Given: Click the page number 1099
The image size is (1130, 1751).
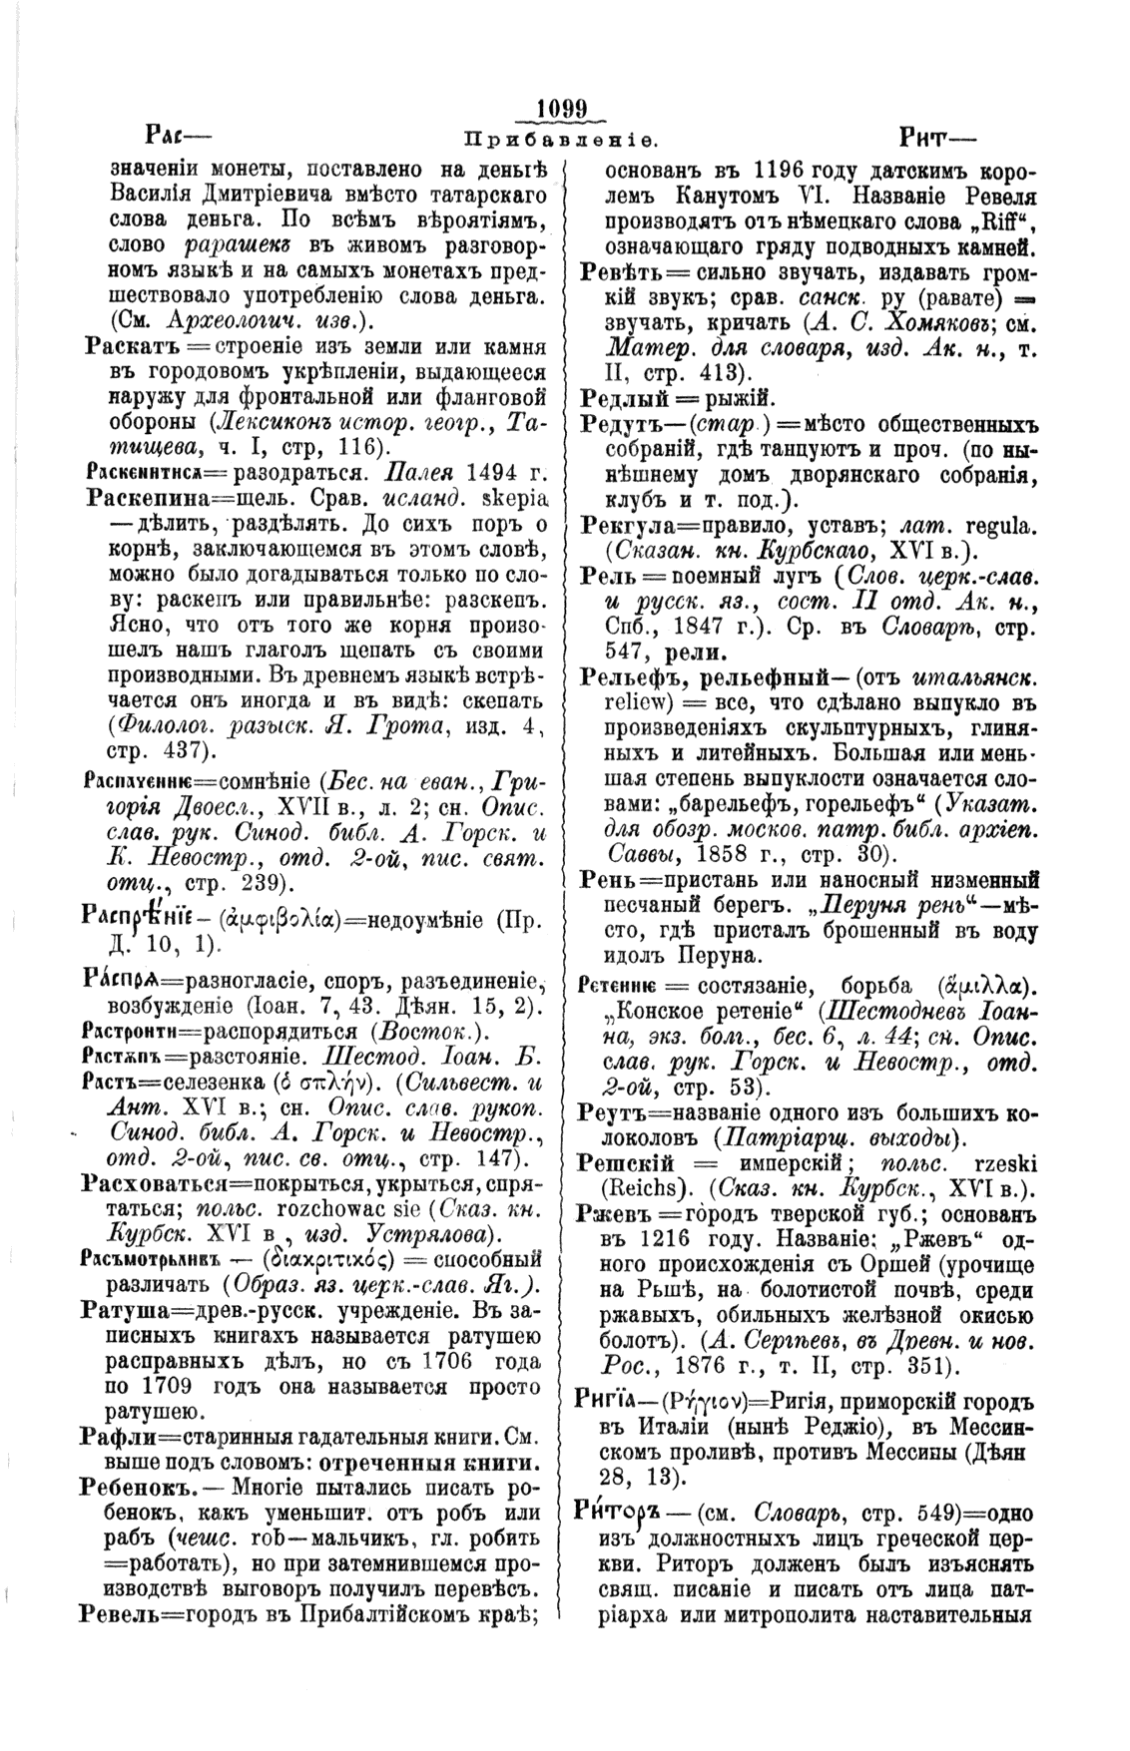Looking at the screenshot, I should point(564,107).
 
